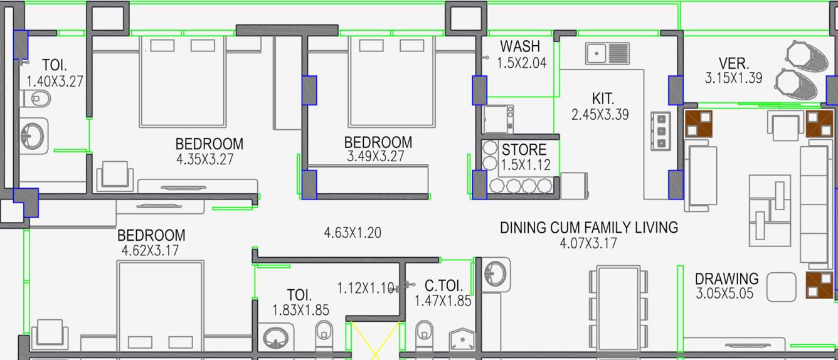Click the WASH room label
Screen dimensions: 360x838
click(519, 46)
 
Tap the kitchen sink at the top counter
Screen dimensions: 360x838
click(607, 53)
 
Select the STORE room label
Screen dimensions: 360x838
click(524, 150)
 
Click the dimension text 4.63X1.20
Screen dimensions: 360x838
click(352, 233)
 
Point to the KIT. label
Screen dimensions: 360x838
click(602, 98)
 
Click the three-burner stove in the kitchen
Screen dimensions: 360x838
click(660, 130)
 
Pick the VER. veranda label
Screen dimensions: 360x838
click(733, 63)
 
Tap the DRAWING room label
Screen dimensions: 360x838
click(726, 278)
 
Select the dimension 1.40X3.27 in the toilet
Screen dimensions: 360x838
click(55, 81)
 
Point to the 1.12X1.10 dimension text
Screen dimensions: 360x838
click(365, 289)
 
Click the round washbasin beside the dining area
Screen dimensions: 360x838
click(496, 273)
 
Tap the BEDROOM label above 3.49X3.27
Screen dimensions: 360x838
click(378, 142)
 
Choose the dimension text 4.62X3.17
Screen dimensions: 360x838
click(151, 251)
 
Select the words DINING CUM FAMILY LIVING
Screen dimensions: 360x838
click(588, 228)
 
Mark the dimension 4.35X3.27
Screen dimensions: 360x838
click(205, 159)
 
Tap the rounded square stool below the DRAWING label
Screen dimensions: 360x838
click(782, 287)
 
